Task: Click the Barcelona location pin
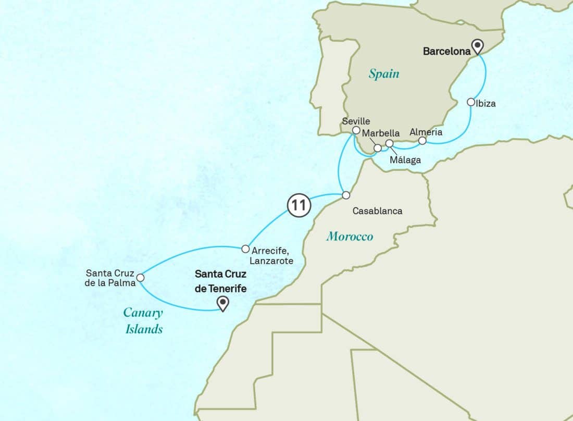[x=478, y=47]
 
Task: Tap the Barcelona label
[x=446, y=51]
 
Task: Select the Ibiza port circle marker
[x=471, y=102]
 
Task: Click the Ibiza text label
[x=485, y=104]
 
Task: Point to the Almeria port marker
[x=422, y=141]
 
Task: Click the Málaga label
[x=405, y=160]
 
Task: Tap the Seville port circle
[x=356, y=130]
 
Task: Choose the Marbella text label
[x=381, y=133]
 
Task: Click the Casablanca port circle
[x=345, y=195]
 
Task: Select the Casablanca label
[x=378, y=211]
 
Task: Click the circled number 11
[x=299, y=205]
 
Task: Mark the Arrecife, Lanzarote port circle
[x=245, y=249]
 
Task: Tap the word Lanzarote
[x=271, y=261]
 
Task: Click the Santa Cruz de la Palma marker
[x=140, y=278]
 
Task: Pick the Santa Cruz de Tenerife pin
[x=223, y=303]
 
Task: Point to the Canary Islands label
[x=143, y=320]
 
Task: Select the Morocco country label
[x=350, y=237]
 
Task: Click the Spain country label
[x=384, y=73]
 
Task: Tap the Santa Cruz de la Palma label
[x=110, y=278]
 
